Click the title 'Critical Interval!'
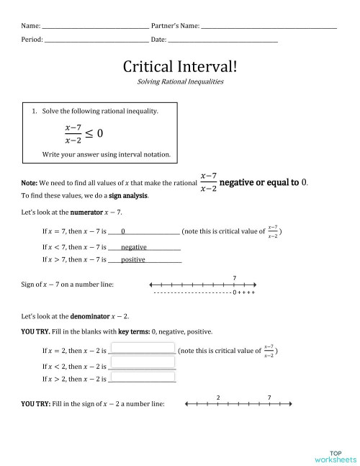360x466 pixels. coord(180,66)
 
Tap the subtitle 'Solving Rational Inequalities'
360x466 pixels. coord(180,82)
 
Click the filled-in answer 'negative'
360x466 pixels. coord(134,246)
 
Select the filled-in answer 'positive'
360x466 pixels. coord(134,259)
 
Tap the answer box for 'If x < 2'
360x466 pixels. coord(143,365)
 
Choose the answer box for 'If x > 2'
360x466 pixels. coord(143,377)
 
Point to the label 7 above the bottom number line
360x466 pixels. coord(269,396)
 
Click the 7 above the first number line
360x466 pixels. coord(235,277)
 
